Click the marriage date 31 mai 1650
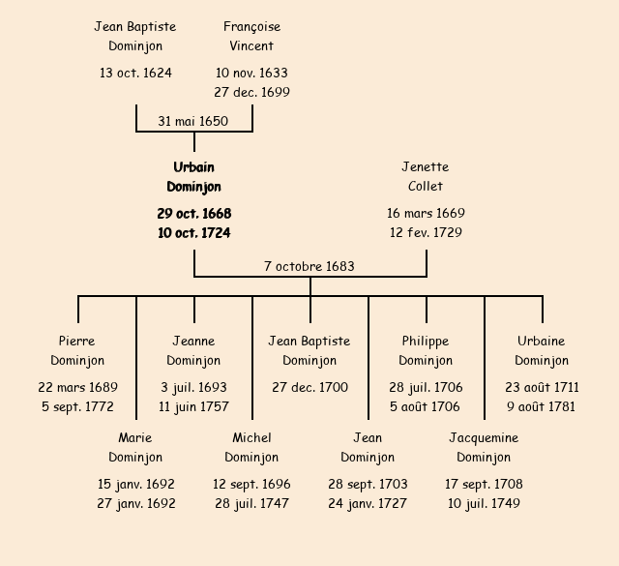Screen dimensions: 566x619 [x=193, y=121]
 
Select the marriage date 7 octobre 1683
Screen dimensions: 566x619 [x=309, y=266]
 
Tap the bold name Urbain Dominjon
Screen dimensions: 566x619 [x=193, y=177]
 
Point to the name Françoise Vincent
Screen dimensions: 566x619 [x=251, y=36]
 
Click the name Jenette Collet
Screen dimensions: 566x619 [x=426, y=177]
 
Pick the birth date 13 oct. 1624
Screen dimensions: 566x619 [x=135, y=73]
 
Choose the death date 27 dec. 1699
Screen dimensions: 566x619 [x=251, y=93]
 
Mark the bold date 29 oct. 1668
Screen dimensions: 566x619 [x=193, y=213]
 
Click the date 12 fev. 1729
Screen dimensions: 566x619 [x=426, y=233]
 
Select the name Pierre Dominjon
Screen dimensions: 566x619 [x=77, y=351]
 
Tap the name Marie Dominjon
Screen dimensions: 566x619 [x=135, y=448]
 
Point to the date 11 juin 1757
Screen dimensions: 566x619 [x=193, y=407]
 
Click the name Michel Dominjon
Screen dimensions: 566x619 [x=251, y=448]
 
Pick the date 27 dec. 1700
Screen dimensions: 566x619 [x=309, y=387]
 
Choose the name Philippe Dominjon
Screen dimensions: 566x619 [x=426, y=351]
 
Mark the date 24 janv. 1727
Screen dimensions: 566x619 [x=368, y=504]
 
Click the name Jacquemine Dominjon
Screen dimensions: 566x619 [x=484, y=448]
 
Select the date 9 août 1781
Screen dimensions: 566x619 [x=542, y=407]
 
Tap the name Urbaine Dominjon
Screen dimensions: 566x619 [x=542, y=351]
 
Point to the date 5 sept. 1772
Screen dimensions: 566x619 [x=77, y=407]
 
